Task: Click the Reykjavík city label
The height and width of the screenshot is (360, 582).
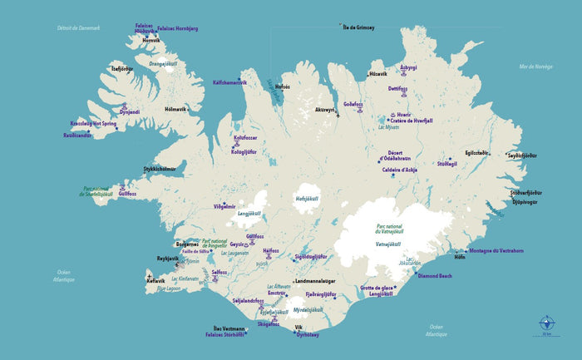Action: tap(168, 259)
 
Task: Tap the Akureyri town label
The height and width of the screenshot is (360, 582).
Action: tap(324, 110)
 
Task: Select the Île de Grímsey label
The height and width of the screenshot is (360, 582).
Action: tap(358, 27)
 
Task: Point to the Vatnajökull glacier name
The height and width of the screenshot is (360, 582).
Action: tap(388, 244)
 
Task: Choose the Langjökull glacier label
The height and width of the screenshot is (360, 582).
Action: tap(249, 213)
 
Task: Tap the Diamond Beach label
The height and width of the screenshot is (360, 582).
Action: tap(434, 275)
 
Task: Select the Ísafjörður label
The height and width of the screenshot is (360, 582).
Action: tap(121, 69)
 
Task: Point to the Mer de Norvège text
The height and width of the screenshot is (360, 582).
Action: tap(535, 67)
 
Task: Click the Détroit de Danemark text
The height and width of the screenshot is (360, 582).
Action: tap(78, 27)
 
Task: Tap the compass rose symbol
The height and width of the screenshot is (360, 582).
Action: tap(546, 323)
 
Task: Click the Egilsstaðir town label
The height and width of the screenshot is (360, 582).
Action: tap(476, 152)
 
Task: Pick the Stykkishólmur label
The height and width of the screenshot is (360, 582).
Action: tap(160, 169)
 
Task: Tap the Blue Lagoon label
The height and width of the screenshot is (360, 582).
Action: tap(168, 288)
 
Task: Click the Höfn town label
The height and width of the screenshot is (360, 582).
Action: tap(459, 258)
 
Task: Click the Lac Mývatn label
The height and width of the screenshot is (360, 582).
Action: tap(389, 126)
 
